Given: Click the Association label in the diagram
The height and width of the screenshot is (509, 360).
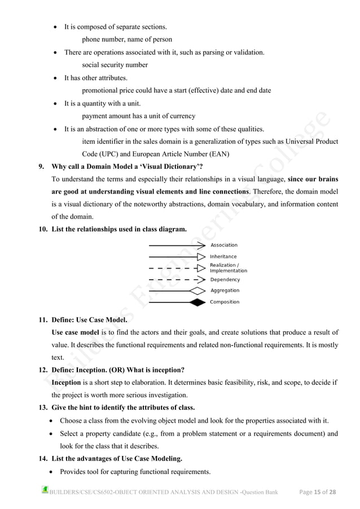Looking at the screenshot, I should [x=224, y=245].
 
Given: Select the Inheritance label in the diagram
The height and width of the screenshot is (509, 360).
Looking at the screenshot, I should [x=223, y=257].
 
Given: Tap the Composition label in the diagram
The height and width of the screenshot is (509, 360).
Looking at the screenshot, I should [x=225, y=302].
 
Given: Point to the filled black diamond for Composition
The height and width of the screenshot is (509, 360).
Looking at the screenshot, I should [x=197, y=302].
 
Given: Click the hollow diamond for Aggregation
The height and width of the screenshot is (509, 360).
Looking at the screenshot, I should [x=197, y=291].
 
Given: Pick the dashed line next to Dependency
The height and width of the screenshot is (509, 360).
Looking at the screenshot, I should [x=172, y=279].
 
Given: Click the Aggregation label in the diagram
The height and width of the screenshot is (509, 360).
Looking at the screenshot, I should [x=225, y=291].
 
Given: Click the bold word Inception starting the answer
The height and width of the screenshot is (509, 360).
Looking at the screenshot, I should [x=66, y=382].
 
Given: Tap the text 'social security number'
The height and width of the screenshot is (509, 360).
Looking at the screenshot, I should [x=115, y=65].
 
